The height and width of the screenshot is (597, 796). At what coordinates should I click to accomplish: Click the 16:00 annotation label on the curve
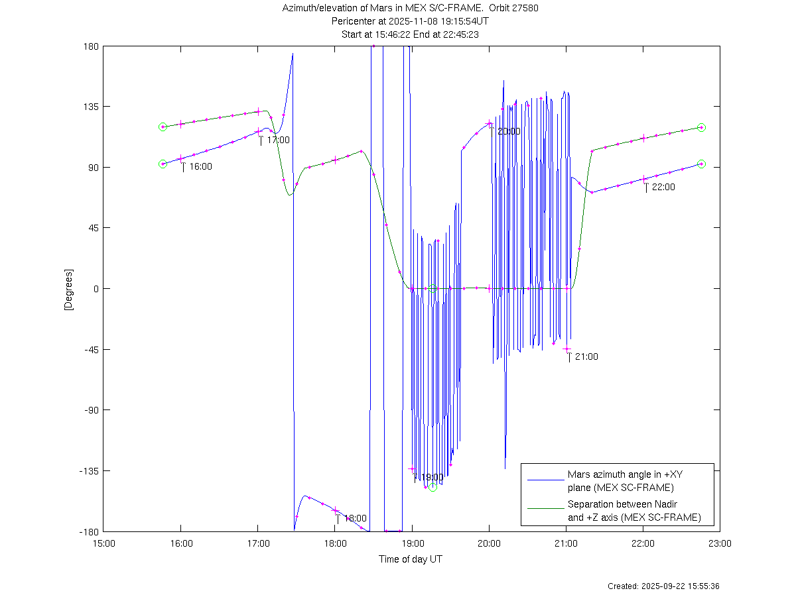coord(200,166)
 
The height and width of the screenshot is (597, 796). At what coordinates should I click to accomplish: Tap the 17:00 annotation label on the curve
coord(278,140)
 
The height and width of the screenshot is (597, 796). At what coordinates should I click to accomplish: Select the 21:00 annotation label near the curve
coord(586,356)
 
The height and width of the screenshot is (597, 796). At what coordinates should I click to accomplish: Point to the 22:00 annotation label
coord(663,187)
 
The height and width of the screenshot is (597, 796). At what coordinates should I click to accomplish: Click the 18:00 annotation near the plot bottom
coord(355,518)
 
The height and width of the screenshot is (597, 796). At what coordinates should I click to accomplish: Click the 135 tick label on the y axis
coord(91,107)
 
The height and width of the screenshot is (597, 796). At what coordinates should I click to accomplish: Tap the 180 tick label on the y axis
coord(91,46)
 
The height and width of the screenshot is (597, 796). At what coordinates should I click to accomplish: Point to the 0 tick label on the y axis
coord(96,289)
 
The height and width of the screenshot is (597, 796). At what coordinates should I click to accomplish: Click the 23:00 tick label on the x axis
coord(720,543)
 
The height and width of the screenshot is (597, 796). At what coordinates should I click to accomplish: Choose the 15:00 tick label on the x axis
coord(104,543)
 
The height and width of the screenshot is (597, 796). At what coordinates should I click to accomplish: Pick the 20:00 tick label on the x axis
coord(489,543)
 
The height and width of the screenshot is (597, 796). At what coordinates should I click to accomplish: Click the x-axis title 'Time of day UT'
coord(411,559)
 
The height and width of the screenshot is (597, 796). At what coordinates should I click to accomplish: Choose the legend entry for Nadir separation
coord(633,511)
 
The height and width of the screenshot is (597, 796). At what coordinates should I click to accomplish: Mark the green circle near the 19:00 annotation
coord(432,487)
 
